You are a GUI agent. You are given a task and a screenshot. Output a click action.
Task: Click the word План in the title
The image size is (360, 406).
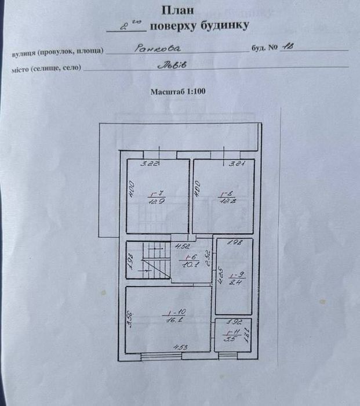179,9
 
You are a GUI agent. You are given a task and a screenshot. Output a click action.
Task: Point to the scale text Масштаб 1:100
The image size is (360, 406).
178,91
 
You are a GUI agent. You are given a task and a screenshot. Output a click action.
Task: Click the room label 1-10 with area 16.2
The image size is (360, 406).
169,316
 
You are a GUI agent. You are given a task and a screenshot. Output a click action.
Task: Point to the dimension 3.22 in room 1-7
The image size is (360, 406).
152,164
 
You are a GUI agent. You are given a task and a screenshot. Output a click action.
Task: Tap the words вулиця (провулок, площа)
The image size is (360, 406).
57,51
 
